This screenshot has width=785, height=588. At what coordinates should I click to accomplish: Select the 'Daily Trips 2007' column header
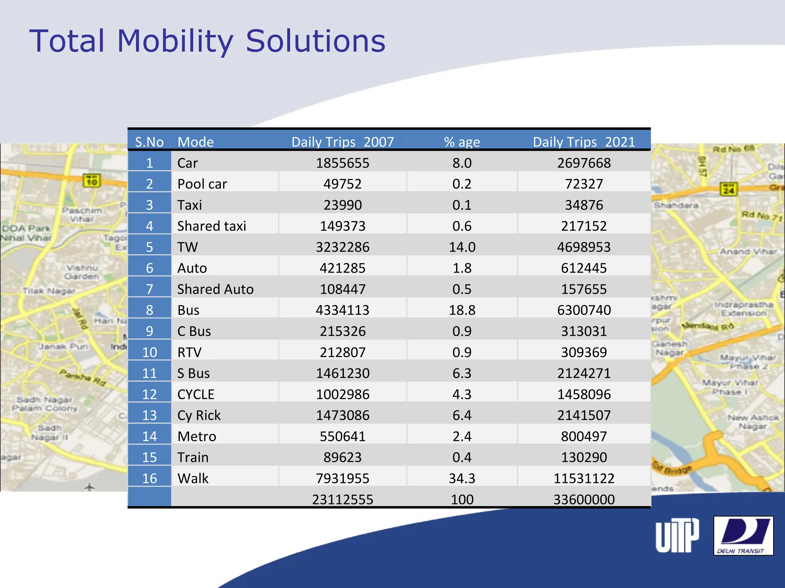coord(342,142)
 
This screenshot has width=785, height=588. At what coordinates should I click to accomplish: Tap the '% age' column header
coord(462,142)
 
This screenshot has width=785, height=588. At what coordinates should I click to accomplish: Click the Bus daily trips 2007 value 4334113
coord(342,310)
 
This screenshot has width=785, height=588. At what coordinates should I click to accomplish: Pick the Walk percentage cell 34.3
coord(462,478)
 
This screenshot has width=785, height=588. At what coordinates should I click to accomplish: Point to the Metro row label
coord(197,436)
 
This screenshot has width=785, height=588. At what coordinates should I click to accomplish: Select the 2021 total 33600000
coord(584,499)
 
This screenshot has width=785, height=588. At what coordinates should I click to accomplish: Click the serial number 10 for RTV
coord(149,352)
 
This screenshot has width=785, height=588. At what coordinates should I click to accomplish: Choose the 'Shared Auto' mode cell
coord(215,289)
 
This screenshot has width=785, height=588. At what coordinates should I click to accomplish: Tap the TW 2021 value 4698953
coord(584,247)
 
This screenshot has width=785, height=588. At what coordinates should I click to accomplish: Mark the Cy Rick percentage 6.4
coord(462,415)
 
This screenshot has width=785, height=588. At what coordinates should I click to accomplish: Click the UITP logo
coord(677,536)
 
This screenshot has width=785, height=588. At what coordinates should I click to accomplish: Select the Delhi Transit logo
coord(743,536)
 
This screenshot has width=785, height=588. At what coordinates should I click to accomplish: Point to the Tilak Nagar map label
coord(49,291)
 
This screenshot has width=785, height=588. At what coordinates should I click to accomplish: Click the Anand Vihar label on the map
coord(748,252)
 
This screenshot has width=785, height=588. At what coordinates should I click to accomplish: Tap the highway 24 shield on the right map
coord(728,189)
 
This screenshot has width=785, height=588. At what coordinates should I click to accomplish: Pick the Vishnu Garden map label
coord(82,272)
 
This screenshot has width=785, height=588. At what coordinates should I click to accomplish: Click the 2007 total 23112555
coord(342,499)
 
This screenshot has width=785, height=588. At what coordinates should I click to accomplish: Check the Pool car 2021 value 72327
coord(584,184)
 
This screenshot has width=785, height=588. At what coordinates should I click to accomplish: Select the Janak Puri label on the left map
coord(63,346)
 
